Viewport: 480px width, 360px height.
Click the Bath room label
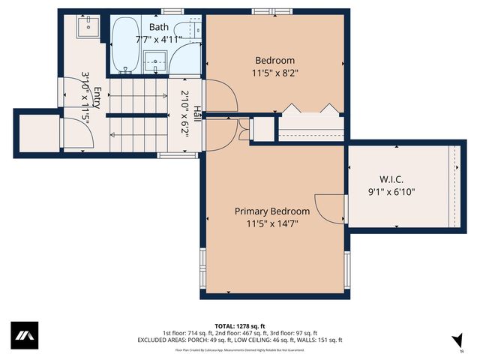(159, 27)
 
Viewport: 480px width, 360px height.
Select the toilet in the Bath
(193, 30)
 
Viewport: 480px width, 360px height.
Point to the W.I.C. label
(391, 180)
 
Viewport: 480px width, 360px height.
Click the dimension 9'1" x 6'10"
(391, 192)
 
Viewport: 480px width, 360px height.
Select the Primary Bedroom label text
(271, 211)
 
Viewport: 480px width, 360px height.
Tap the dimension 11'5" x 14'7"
(271, 223)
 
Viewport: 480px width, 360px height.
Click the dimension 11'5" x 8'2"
(274, 73)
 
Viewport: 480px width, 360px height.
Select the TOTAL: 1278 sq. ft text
(240, 325)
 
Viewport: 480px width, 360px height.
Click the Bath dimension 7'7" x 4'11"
(158, 39)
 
